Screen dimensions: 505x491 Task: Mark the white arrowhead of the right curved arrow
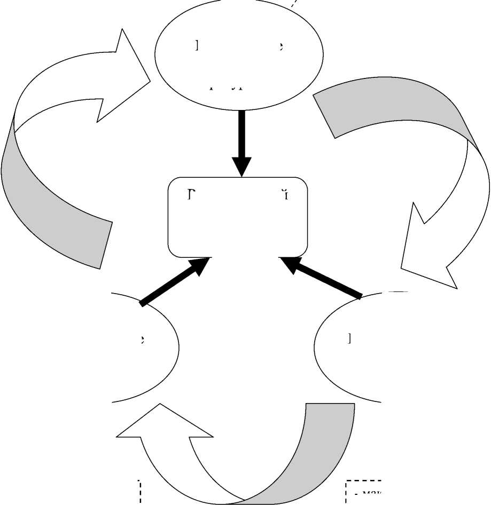point(427,256)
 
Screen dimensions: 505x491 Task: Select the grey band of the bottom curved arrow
point(321,454)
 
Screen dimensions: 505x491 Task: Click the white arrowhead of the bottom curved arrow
point(160,427)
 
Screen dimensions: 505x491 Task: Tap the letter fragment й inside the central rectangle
point(286,193)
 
